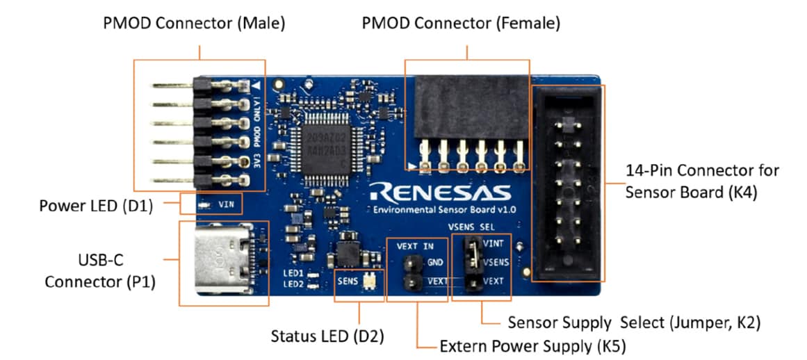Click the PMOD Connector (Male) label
pos(194,24)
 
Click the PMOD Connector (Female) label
pos(461,24)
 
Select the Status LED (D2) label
pos(327,337)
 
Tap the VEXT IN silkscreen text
pos(416,246)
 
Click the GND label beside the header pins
pos(436,263)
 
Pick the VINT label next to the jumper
pos(494,244)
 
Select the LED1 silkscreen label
pos(292,273)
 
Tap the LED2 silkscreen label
pos(292,284)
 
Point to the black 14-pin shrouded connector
pos(568,183)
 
